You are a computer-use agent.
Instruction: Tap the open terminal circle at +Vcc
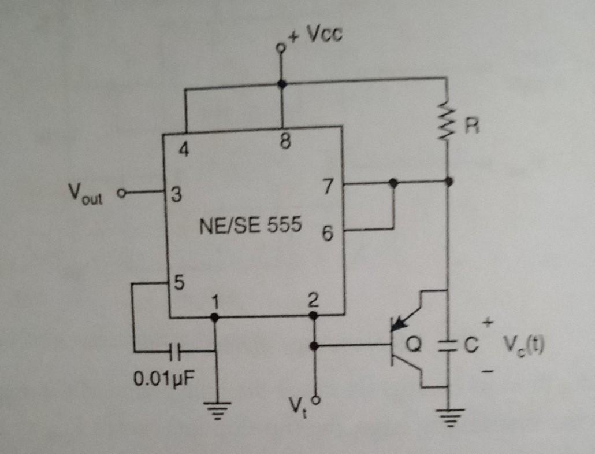tap(281, 48)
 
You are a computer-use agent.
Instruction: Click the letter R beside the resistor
tap(472, 127)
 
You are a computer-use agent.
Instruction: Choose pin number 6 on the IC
tap(328, 235)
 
